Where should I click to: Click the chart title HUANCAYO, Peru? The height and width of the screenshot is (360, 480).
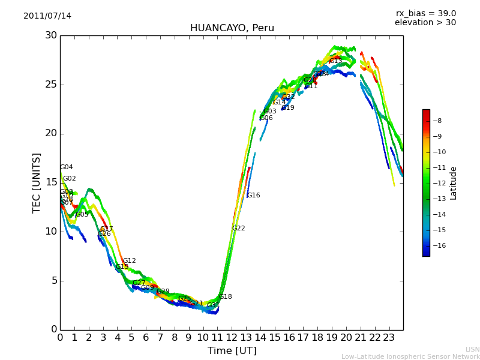232,28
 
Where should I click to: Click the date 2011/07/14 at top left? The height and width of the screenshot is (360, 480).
47,16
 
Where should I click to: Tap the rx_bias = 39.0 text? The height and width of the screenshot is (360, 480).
426,14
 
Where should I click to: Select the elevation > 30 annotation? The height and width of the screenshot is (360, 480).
425,23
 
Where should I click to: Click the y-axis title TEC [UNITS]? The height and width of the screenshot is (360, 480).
37,182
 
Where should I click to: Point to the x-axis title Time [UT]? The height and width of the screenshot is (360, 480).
232,350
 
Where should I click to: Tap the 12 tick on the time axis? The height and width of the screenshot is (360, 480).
232,338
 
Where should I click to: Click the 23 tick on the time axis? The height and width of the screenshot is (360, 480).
389,338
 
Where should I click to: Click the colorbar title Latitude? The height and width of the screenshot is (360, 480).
454,183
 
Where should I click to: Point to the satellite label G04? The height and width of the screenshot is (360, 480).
67,167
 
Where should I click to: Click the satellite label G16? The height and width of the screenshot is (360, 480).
254,196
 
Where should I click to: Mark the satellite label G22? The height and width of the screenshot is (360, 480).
239,229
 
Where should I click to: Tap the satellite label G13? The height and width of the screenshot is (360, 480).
336,61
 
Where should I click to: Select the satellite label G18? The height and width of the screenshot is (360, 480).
226,297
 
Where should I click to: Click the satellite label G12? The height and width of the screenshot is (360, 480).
130,261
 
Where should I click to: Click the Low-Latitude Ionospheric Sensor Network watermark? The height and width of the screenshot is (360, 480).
410,357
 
